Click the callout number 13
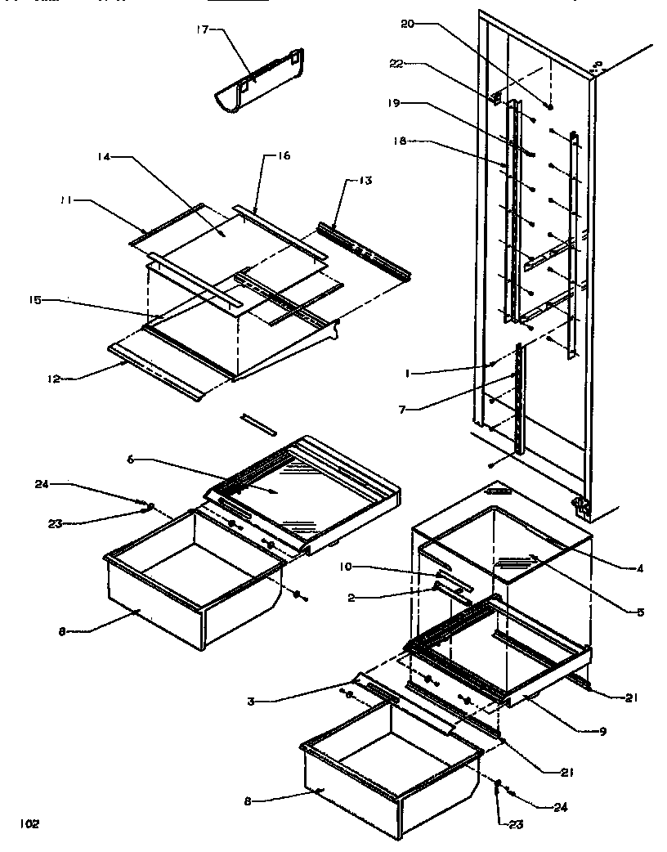[x=364, y=181]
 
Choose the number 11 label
[x=64, y=199]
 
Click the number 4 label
[x=640, y=568]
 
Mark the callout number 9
[x=603, y=731]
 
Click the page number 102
[x=30, y=823]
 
